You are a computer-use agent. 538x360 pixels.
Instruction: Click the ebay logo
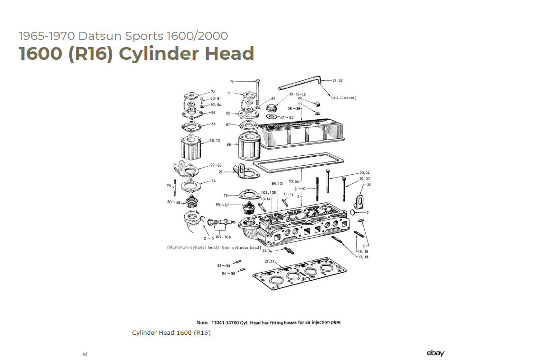tap(435, 353)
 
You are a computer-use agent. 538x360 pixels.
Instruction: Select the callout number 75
tap(232, 82)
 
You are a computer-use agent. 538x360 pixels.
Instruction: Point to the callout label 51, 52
tap(338, 80)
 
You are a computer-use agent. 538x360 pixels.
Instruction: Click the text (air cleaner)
tap(343, 97)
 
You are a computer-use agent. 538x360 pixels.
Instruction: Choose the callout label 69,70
tap(215, 141)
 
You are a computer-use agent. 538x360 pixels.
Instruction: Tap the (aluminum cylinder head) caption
tap(193, 248)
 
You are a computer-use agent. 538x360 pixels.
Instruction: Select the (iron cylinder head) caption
tap(241, 248)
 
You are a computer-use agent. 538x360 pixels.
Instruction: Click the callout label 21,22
tap(270, 261)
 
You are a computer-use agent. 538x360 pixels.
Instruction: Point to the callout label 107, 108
tap(223, 237)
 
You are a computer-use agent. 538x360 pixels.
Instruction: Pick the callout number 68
tap(229, 144)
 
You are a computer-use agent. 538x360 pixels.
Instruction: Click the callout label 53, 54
tap(294, 181)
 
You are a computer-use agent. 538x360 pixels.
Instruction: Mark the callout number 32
tap(368, 184)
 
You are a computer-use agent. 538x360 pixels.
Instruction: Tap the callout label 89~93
tap(224, 266)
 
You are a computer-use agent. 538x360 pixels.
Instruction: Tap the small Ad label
tap(85, 354)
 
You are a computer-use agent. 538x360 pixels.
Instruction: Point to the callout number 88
tap(213, 124)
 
